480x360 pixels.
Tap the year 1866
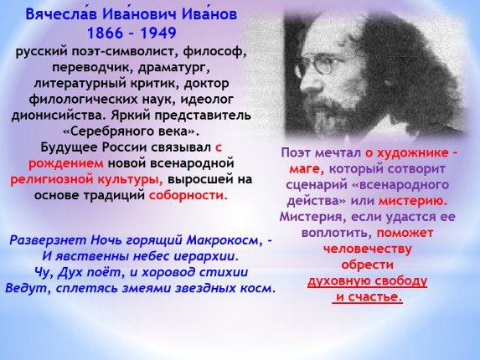point(106,33)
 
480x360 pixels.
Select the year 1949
point(158,33)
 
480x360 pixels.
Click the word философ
point(214,52)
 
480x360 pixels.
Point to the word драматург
point(174,68)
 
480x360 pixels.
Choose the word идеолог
point(207,100)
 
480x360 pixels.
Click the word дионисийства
point(59,116)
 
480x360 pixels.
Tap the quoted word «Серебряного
point(109,131)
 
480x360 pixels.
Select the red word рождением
point(66,163)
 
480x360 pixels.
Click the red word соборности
point(188,195)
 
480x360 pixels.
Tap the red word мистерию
point(413,201)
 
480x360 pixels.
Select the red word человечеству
point(368,249)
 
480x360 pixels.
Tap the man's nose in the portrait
point(306,80)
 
